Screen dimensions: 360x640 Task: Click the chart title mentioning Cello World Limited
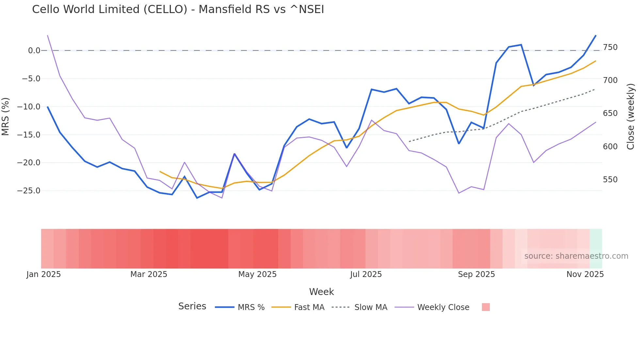point(178,9)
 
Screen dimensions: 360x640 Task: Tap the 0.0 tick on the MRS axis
point(34,51)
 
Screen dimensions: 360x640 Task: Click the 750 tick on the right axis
point(610,47)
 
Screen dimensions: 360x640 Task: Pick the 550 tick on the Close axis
point(610,180)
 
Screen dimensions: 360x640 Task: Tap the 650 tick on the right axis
point(610,113)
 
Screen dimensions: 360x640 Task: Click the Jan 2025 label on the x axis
point(43,274)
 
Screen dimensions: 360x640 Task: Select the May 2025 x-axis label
point(257,274)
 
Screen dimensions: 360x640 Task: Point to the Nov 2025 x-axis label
point(585,274)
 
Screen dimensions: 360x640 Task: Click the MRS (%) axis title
point(6,116)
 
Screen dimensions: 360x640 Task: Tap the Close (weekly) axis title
point(631,117)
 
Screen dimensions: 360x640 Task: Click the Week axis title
point(321,292)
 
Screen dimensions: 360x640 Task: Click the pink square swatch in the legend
point(486,307)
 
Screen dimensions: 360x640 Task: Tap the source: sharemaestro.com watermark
point(576,256)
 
